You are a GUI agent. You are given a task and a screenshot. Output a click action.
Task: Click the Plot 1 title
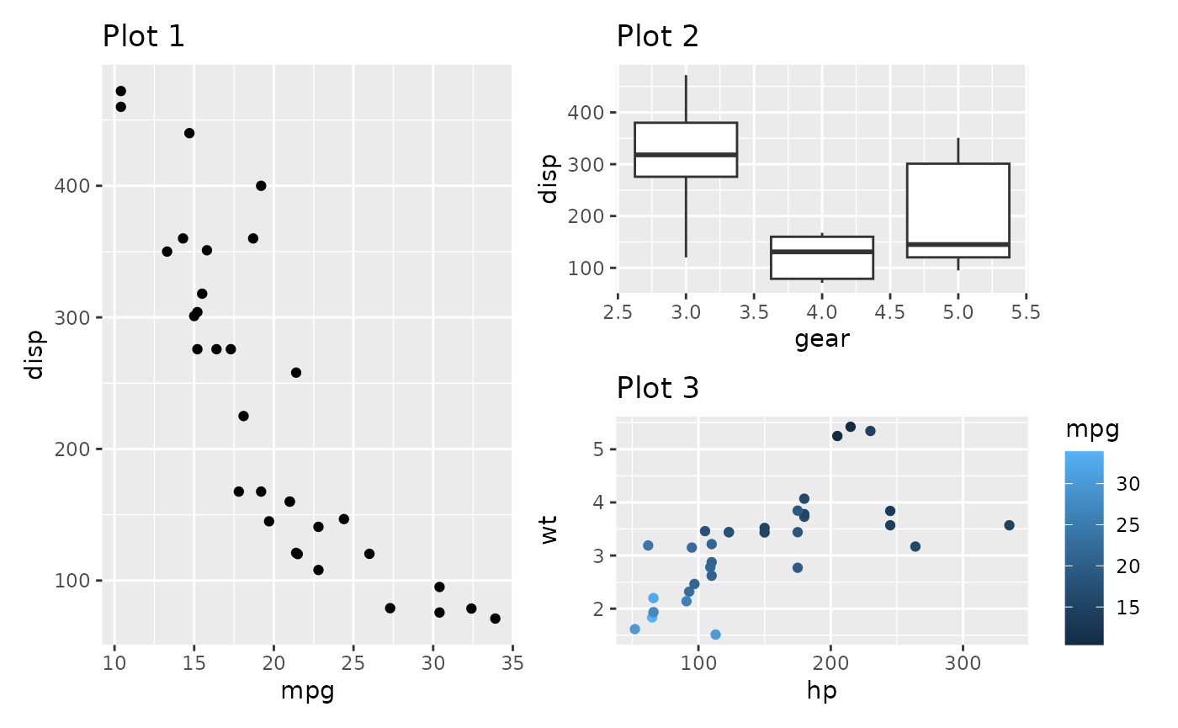click(143, 37)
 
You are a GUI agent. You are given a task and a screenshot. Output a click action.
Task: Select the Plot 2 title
click(657, 37)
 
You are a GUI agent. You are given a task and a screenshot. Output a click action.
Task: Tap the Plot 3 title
click(657, 388)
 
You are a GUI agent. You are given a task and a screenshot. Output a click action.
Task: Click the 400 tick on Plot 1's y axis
click(83, 186)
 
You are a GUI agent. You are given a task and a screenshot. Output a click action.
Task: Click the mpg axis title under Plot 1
click(307, 692)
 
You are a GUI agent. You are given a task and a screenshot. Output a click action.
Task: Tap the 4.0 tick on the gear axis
click(821, 312)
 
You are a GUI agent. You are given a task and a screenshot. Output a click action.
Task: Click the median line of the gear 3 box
click(686, 155)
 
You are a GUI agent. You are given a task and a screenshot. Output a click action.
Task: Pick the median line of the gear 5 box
click(958, 244)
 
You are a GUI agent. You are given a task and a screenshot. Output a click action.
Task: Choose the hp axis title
click(821, 691)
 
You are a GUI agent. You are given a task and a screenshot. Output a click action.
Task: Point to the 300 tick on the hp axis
click(963, 664)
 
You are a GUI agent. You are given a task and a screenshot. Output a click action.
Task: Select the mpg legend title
click(1091, 430)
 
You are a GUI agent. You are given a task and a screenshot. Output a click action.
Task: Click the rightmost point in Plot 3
click(1009, 525)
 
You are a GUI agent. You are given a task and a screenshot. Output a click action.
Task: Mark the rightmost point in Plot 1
click(495, 619)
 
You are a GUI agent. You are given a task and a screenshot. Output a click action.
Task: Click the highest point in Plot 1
click(120, 91)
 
